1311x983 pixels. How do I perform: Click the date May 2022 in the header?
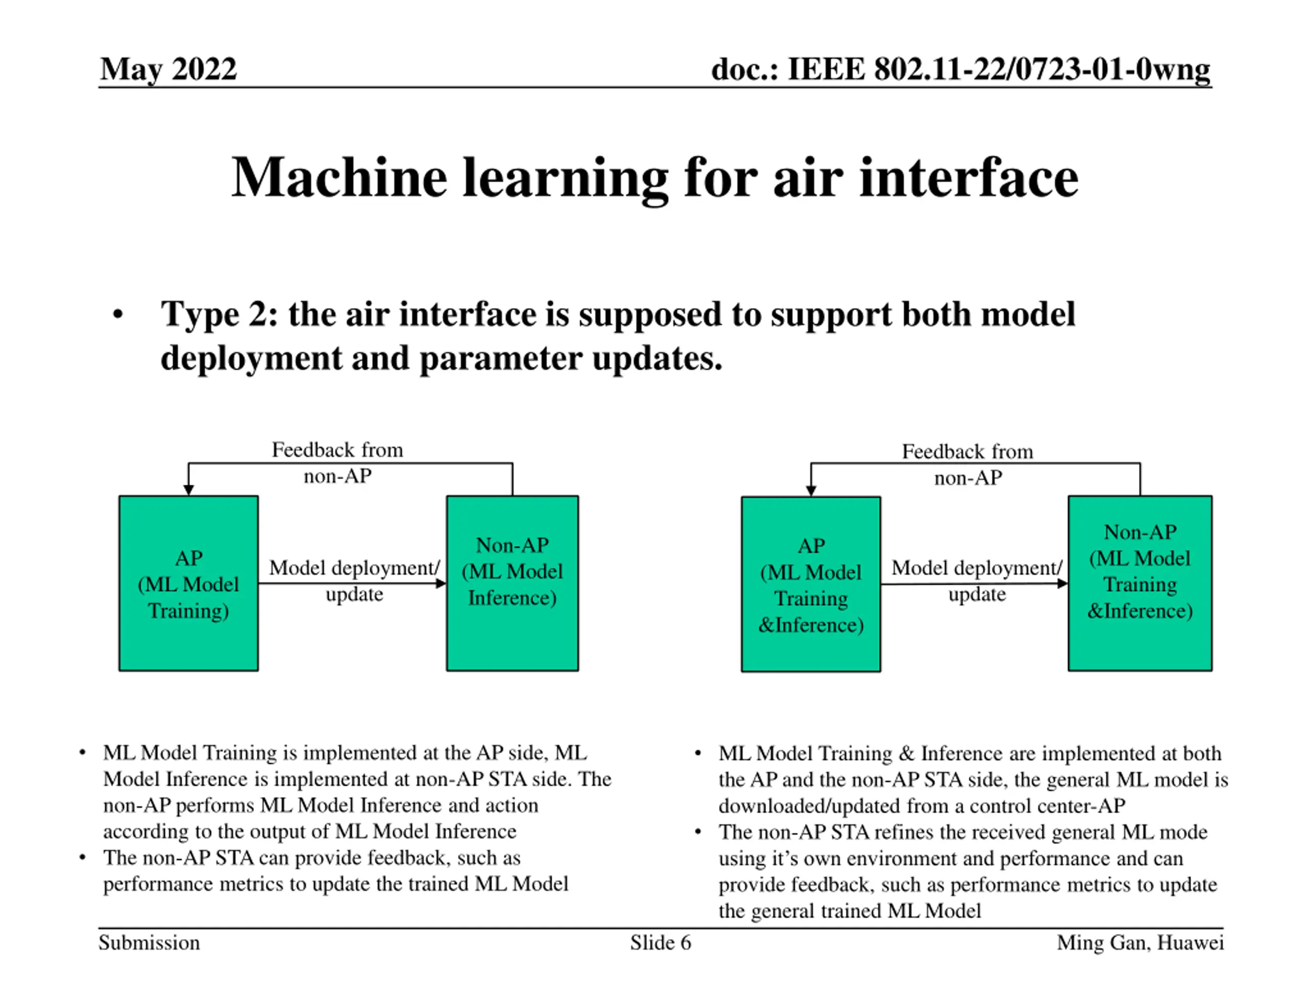[x=168, y=69]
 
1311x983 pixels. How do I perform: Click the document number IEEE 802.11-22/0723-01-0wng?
[x=960, y=69]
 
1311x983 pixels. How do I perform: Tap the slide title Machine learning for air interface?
[x=654, y=177]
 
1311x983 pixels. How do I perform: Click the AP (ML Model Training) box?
[x=188, y=584]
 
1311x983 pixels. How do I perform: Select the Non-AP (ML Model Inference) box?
[x=512, y=584]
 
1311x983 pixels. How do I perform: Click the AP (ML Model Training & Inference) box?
[x=811, y=584]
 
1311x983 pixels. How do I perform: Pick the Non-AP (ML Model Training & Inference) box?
[x=1140, y=584]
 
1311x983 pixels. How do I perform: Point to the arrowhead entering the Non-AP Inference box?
[x=441, y=584]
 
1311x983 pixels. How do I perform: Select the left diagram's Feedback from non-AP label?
[x=337, y=463]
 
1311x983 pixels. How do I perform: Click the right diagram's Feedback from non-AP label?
[x=968, y=464]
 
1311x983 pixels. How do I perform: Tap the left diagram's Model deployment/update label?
[x=354, y=581]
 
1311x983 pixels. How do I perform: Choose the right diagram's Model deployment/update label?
[x=977, y=581]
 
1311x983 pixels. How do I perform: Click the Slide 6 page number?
[x=660, y=943]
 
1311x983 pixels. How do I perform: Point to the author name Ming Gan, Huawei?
[x=1140, y=943]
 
